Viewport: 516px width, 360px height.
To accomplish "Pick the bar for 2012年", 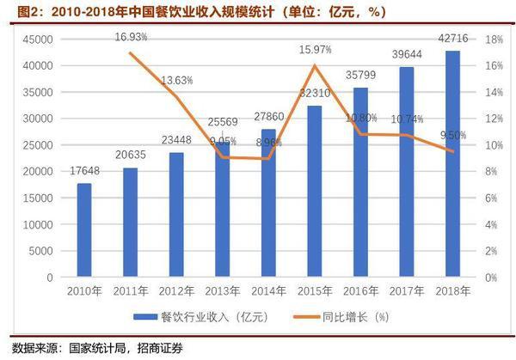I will click(x=176, y=215).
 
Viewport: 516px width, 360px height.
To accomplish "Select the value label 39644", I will click(x=407, y=56).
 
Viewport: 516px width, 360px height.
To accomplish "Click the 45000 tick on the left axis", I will click(x=37, y=40).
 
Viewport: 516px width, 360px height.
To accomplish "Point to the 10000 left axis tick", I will click(x=37, y=225).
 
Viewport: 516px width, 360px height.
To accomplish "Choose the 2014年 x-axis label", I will click(x=268, y=291).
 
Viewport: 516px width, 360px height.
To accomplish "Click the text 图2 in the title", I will click(x=15, y=10).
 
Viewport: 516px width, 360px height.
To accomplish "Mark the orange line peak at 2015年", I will click(x=315, y=66).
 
